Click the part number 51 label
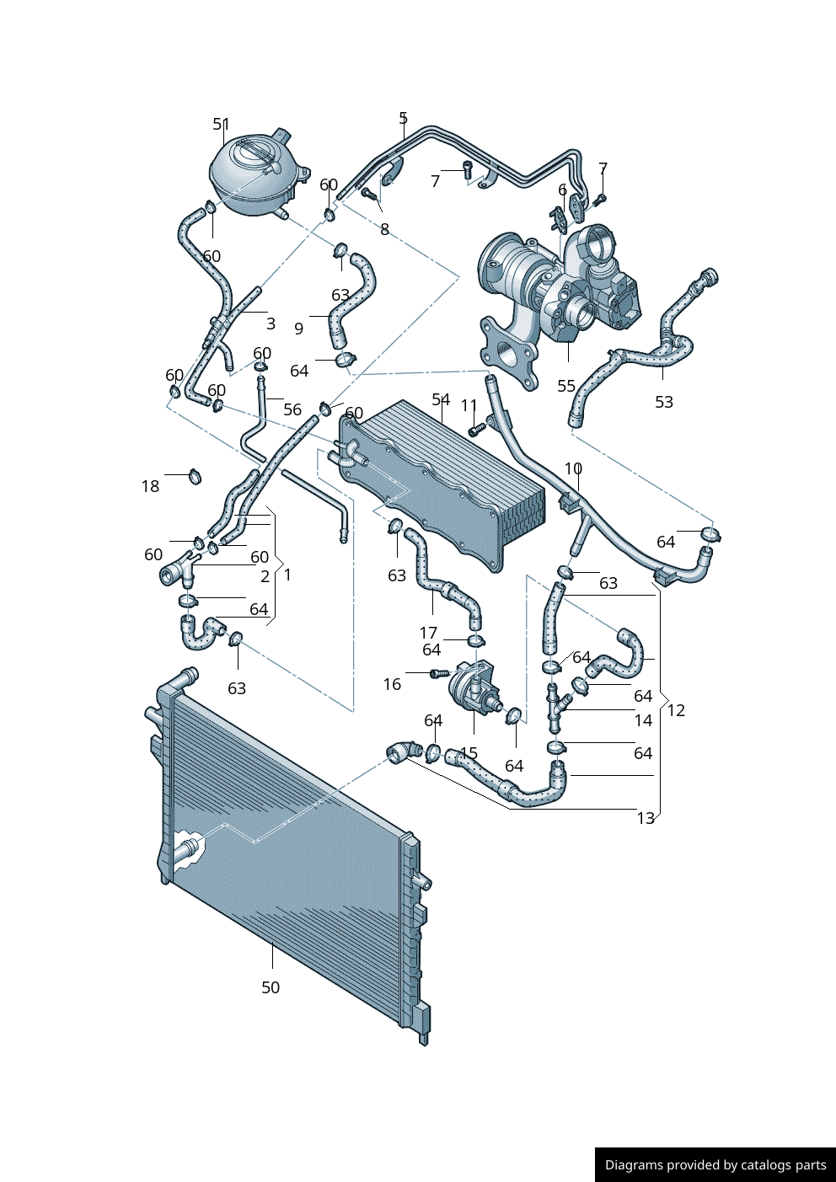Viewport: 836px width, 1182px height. point(222,124)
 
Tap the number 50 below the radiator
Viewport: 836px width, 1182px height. point(271,987)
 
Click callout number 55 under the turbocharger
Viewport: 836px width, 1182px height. point(565,386)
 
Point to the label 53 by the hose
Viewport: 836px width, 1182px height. point(664,402)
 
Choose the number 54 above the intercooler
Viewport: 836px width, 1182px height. point(441,399)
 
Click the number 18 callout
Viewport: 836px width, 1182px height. point(150,486)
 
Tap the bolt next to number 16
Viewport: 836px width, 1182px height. point(439,673)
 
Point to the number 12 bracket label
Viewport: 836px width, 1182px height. point(676,710)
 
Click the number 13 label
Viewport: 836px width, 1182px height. point(646,818)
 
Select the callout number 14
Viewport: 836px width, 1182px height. point(643,720)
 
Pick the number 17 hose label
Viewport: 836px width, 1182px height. point(429,632)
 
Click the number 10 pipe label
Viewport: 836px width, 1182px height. point(573,468)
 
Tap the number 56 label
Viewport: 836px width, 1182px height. point(292,409)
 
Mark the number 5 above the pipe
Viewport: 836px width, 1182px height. point(403,118)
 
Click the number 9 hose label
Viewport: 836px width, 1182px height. point(298,329)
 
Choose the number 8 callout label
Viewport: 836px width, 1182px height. point(384,229)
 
